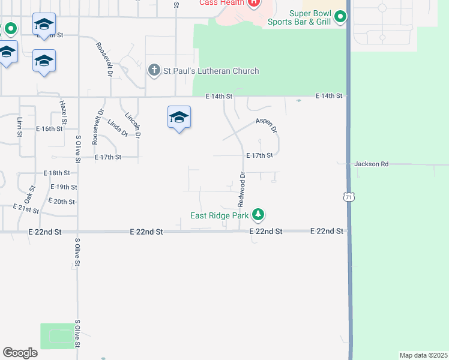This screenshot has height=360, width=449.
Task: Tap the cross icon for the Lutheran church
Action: pyautogui.click(x=154, y=70)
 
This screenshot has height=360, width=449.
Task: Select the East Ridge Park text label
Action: pyautogui.click(x=220, y=216)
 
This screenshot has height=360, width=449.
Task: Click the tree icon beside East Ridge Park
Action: pyautogui.click(x=258, y=214)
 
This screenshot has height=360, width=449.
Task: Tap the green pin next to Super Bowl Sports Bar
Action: pyautogui.click(x=340, y=17)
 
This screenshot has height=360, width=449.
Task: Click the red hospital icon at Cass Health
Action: pyautogui.click(x=254, y=3)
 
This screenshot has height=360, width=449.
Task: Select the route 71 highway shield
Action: pyautogui.click(x=349, y=196)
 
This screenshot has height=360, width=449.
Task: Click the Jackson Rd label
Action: pyautogui.click(x=372, y=163)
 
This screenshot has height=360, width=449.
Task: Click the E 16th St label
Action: pyautogui.click(x=49, y=129)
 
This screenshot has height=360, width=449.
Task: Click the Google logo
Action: pyautogui.click(x=20, y=353)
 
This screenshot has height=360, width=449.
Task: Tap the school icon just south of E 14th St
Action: pyautogui.click(x=179, y=118)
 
